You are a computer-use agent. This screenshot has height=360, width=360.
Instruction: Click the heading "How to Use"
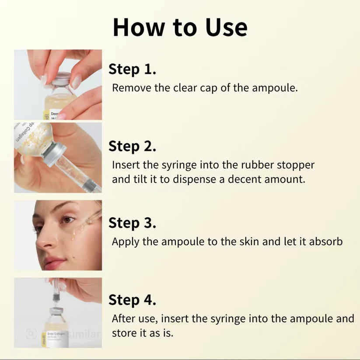point(180,27)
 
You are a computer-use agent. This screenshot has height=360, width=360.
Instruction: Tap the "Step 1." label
point(132,69)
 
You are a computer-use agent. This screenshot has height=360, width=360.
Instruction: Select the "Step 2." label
point(132,146)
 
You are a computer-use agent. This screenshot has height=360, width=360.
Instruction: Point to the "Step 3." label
point(132,223)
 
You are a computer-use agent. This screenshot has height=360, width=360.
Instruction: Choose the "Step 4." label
point(132,300)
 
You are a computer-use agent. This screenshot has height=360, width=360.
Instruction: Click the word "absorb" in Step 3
point(325,242)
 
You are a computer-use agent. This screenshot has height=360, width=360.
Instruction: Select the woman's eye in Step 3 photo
point(68,220)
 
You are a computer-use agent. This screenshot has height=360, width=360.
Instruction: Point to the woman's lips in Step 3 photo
point(54,262)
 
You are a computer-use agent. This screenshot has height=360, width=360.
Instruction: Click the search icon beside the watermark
point(31,334)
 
